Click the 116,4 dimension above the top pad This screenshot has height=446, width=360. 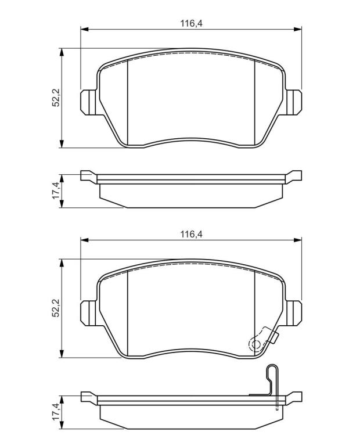[x=191, y=23]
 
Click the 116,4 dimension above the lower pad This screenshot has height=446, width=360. [x=191, y=235]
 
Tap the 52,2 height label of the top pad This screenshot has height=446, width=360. [x=56, y=98]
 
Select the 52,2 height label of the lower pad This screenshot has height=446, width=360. [x=56, y=308]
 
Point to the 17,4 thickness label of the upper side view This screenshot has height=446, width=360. [x=56, y=190]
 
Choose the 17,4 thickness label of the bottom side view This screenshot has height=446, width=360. [x=56, y=412]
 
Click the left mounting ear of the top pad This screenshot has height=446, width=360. [x=89, y=102]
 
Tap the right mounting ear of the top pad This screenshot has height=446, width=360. [x=293, y=102]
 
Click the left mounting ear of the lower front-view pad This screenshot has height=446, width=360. [x=89, y=313]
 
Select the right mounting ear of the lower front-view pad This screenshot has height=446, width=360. [x=293, y=313]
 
